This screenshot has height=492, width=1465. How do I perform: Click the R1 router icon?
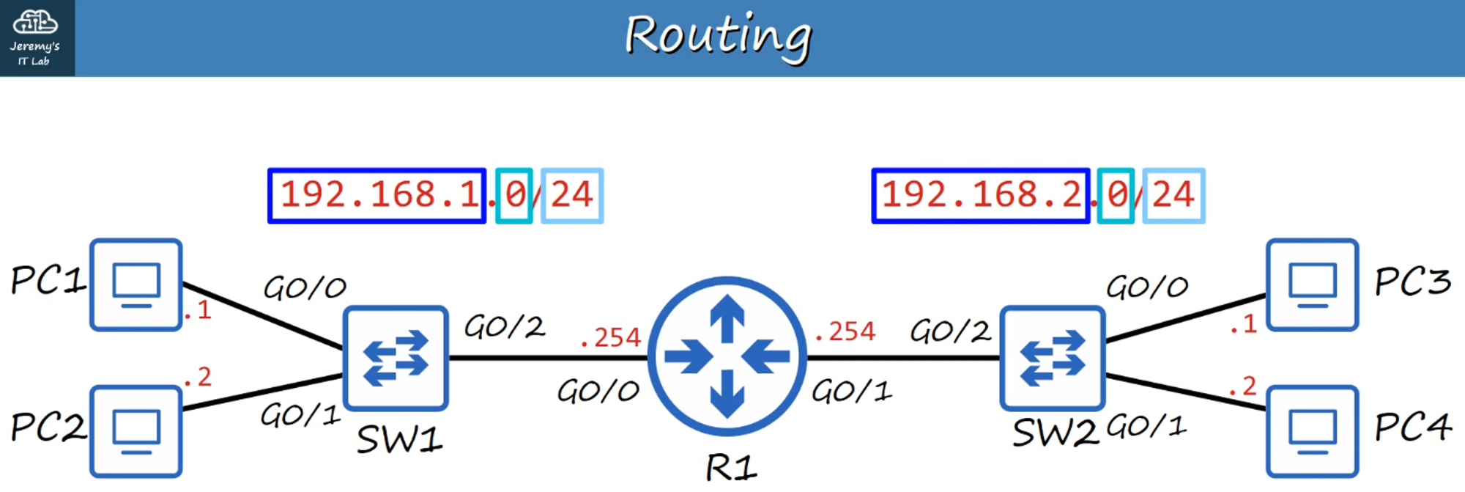tap(727, 357)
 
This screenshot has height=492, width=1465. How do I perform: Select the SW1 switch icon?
tap(396, 358)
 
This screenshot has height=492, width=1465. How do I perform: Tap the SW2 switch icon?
tap(1052, 358)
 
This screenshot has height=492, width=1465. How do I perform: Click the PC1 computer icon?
tap(136, 284)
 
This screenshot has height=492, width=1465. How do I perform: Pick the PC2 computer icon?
tap(136, 431)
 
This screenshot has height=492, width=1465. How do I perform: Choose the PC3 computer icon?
tap(1312, 284)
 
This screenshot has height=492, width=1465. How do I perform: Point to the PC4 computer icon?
tap(1312, 431)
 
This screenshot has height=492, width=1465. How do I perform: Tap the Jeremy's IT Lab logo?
tap(35, 37)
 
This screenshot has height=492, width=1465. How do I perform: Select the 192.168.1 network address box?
tap(377, 196)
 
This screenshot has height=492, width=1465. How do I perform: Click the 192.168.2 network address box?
tap(980, 196)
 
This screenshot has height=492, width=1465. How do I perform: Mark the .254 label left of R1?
tap(611, 338)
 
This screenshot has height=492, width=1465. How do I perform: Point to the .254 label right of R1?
tap(845, 332)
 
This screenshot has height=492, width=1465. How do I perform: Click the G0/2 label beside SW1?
tap(505, 327)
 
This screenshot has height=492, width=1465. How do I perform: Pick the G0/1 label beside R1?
tap(851, 392)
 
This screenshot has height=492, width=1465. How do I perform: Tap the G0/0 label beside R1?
tap(598, 392)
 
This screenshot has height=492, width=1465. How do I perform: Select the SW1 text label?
tap(399, 440)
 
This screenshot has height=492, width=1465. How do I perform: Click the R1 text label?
tap(731, 468)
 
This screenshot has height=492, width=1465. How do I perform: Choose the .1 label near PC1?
tap(198, 311)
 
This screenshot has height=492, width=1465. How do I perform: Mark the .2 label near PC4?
tap(1243, 386)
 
